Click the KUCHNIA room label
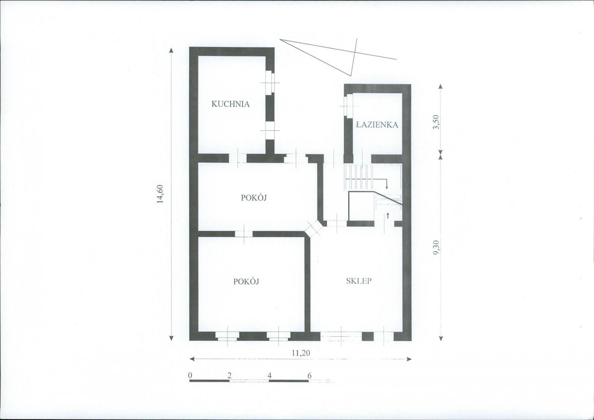[x=230, y=104]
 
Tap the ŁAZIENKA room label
[x=377, y=124]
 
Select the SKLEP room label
[x=359, y=281]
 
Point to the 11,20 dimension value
[x=301, y=353]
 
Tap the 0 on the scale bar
[x=190, y=375]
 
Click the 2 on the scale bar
[x=229, y=375]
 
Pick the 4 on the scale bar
[x=270, y=375]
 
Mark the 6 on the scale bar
[x=309, y=375]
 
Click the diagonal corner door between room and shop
[x=314, y=228]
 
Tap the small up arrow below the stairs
[x=388, y=215]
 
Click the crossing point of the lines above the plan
[x=355, y=52]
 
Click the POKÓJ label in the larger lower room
[x=246, y=281]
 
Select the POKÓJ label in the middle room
[x=254, y=197]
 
